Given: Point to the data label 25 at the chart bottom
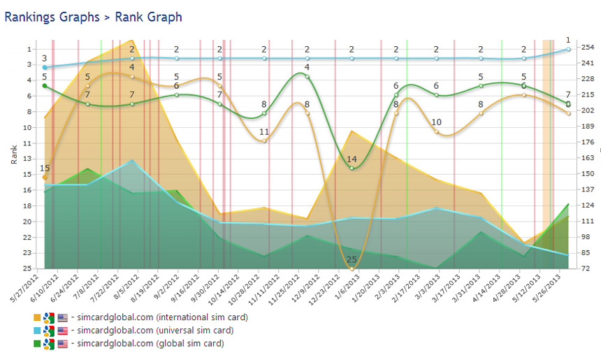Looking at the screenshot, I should click(352, 259).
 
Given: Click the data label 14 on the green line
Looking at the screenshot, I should click(352, 159).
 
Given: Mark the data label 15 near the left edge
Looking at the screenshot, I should click(45, 168).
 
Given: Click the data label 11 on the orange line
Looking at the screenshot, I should click(264, 131).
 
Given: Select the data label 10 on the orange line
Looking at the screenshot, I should click(436, 122).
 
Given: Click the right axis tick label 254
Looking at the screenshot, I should click(588, 48).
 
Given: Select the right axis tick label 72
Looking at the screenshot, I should click(586, 268).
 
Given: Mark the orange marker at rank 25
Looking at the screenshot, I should click(352, 268).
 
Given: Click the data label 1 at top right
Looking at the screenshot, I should click(568, 40).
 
